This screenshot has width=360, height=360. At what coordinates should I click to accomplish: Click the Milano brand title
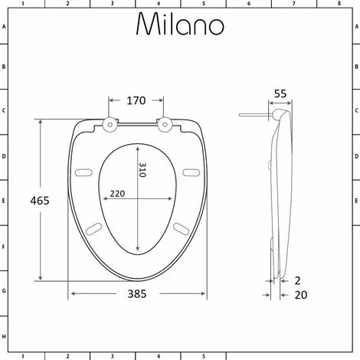pos(180,24)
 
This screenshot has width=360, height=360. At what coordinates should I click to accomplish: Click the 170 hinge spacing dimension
pos(136,100)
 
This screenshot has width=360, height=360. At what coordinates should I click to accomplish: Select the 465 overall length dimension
pos(40,201)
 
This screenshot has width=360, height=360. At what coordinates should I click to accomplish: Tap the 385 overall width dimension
pos(137,294)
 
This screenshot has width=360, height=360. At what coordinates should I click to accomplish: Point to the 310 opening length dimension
pos(142,170)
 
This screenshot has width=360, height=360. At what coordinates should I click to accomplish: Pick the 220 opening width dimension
pos(117,194)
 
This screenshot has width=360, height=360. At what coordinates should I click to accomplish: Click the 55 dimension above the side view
pos(280,93)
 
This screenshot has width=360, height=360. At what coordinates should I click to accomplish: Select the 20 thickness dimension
pos(301,295)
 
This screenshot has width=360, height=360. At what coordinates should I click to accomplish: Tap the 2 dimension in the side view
pos(297,280)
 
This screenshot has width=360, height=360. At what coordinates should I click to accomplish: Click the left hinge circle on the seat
pos(110,125)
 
